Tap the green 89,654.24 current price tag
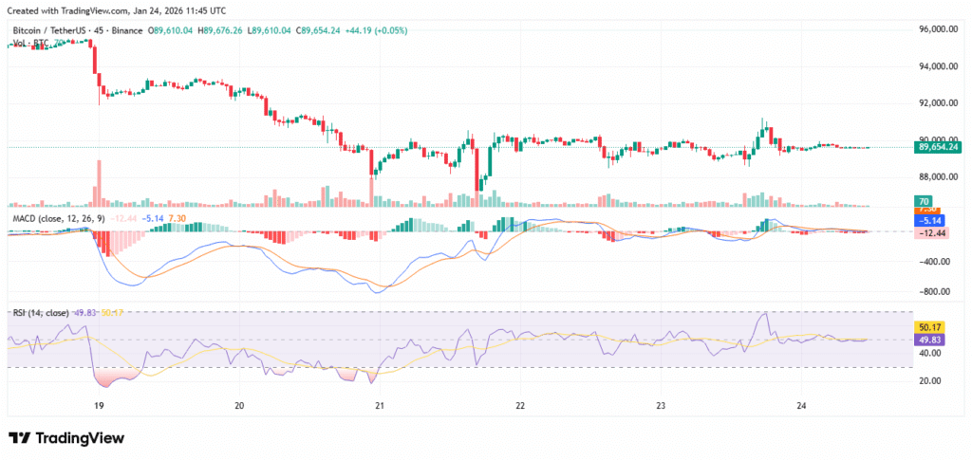tap(937, 147)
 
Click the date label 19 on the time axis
tap(99, 405)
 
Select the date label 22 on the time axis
tap(520, 405)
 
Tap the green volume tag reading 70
tap(922, 201)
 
